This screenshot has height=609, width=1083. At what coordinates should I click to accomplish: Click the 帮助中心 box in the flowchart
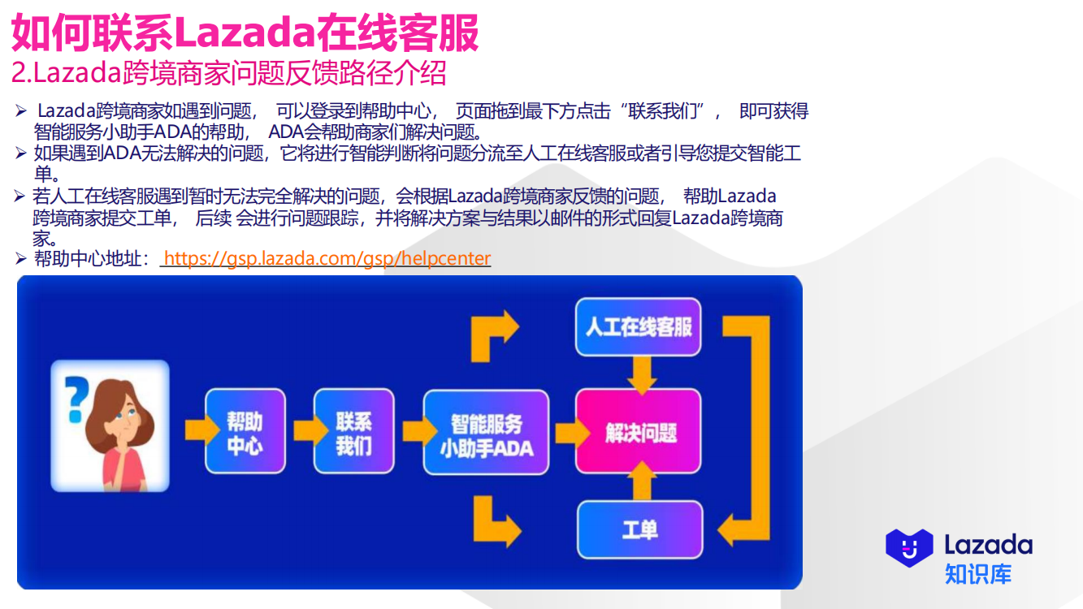coord(245,431)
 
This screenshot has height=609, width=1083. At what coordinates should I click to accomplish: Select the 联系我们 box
coord(353,431)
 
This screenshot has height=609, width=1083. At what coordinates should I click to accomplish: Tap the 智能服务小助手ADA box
coord(486,432)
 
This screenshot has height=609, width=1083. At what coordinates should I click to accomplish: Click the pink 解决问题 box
coord(639,432)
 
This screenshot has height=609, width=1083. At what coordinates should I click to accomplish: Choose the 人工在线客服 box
coord(639,326)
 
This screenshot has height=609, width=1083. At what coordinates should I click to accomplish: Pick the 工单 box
coord(639,529)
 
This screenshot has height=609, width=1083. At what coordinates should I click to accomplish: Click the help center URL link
coord(327,258)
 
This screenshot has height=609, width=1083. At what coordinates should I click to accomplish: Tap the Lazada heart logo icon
coord(909,546)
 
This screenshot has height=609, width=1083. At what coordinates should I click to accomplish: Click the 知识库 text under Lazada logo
coord(977,572)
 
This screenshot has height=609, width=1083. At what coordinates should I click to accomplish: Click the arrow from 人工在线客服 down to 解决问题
coord(643,373)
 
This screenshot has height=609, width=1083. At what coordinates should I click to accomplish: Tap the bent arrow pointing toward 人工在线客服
coord(494,334)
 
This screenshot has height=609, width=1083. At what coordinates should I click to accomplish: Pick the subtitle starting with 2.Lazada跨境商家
coord(228,73)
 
